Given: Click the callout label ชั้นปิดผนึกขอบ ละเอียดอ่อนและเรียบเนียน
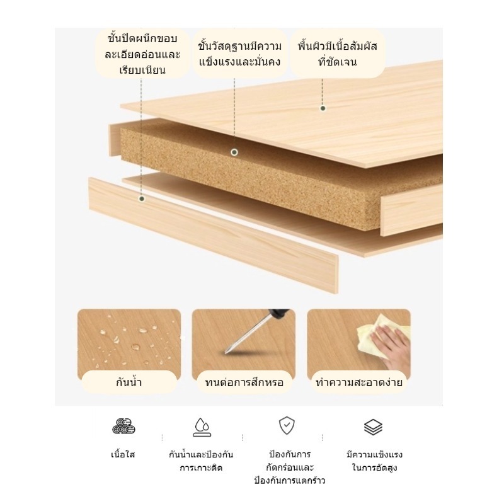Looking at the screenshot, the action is coord(142,54).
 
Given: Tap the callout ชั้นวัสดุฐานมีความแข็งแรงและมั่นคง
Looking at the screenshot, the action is coord(239,54).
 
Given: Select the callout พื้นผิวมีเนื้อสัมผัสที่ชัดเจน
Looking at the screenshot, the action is coord(338,54).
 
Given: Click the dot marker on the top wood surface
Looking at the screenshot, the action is coord(323,108).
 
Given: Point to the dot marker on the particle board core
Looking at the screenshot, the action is coord(234,152).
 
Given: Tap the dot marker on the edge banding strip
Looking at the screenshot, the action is coord(142,198).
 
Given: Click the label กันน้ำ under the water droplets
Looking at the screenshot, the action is coord(129,382).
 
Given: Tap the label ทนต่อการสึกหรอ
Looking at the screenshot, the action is coord(244,382).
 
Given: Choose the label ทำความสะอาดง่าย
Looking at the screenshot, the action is coord(358,382).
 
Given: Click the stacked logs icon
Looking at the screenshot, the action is coord(123,427).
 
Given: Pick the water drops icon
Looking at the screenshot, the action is coord(202,427).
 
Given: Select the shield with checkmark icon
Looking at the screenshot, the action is coord(287,425).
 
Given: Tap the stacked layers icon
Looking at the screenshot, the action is coord(373,427).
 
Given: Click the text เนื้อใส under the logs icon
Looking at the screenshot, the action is coord(123,454).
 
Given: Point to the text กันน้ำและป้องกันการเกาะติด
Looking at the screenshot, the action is coord(201,461).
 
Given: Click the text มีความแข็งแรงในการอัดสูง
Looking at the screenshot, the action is coord(374,461).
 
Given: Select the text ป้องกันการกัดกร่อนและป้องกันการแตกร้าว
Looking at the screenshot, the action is coord(290,467).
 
